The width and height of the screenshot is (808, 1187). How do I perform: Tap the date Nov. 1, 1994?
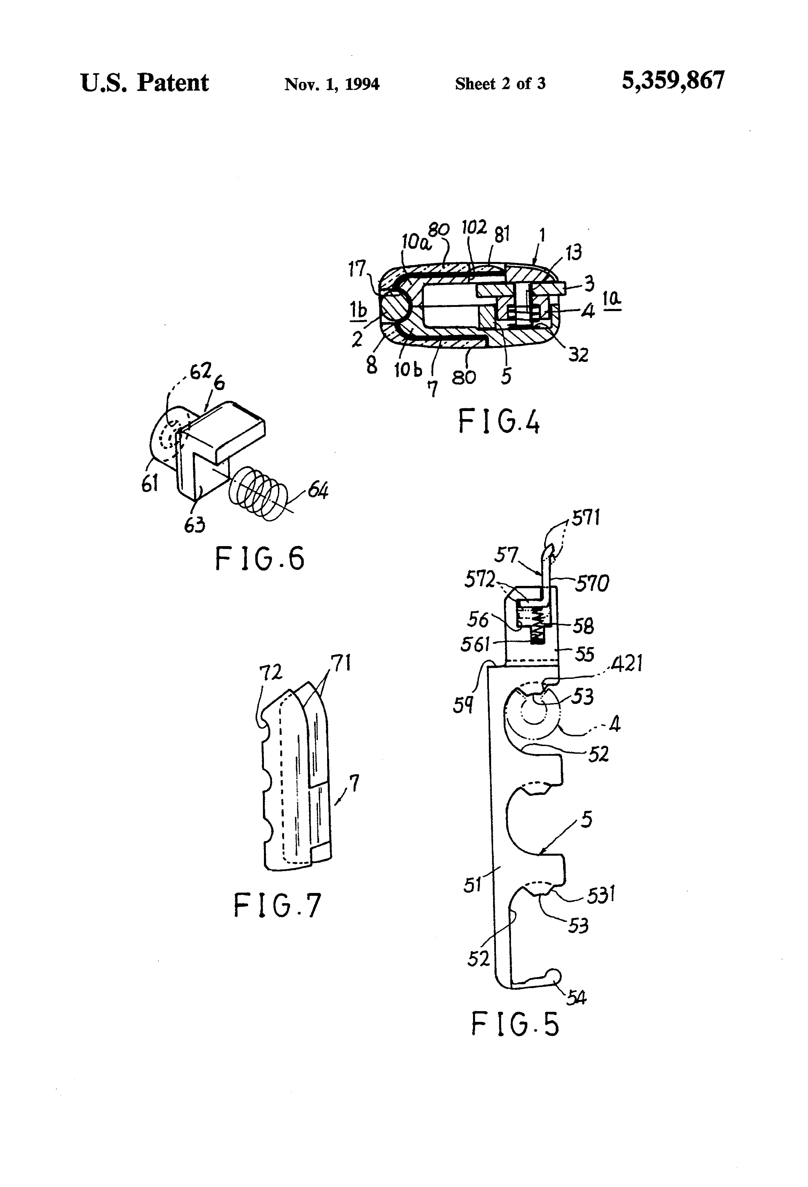[x=332, y=84]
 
